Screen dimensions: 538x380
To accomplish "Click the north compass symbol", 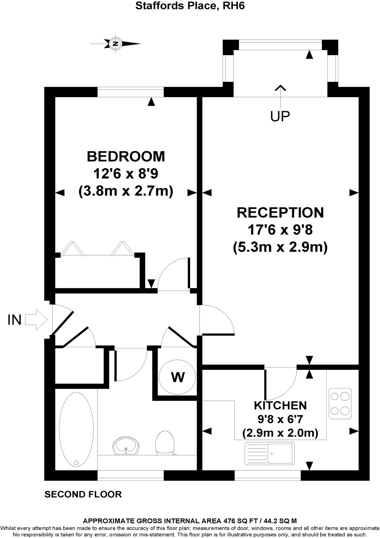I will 116,43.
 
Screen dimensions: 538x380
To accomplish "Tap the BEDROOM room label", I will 126,156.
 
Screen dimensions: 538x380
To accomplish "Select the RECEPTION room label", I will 281,213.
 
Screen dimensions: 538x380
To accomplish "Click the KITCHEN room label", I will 280,405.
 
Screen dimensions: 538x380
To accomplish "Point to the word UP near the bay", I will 280,116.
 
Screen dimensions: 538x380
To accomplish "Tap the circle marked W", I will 178,377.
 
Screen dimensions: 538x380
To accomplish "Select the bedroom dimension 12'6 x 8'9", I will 126,174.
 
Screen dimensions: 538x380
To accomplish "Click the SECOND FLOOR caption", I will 83,494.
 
